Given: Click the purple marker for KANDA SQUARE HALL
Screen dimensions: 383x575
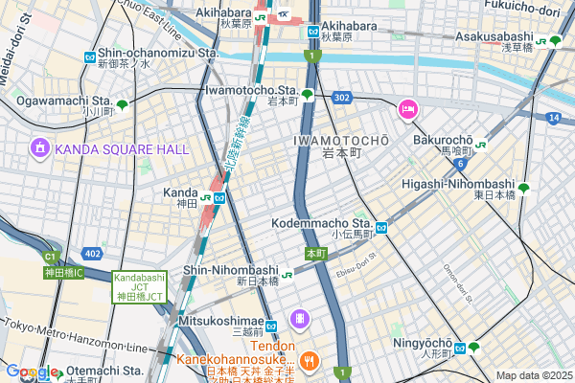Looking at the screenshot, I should coord(39,148).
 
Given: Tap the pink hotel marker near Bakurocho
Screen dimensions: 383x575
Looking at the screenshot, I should coord(407,110).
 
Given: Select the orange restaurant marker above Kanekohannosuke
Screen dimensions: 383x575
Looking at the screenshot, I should coord(308,360).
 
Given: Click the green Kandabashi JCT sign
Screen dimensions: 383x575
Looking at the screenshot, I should coord(141,287).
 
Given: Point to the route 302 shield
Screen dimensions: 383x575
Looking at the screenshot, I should coord(342,98).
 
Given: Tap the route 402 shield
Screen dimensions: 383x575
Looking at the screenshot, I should coord(92,253).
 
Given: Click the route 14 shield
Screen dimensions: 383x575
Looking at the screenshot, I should coord(554,117).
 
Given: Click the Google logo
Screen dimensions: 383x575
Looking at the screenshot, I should coord(32,372).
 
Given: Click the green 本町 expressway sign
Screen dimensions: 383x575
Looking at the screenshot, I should coord(316,254).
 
